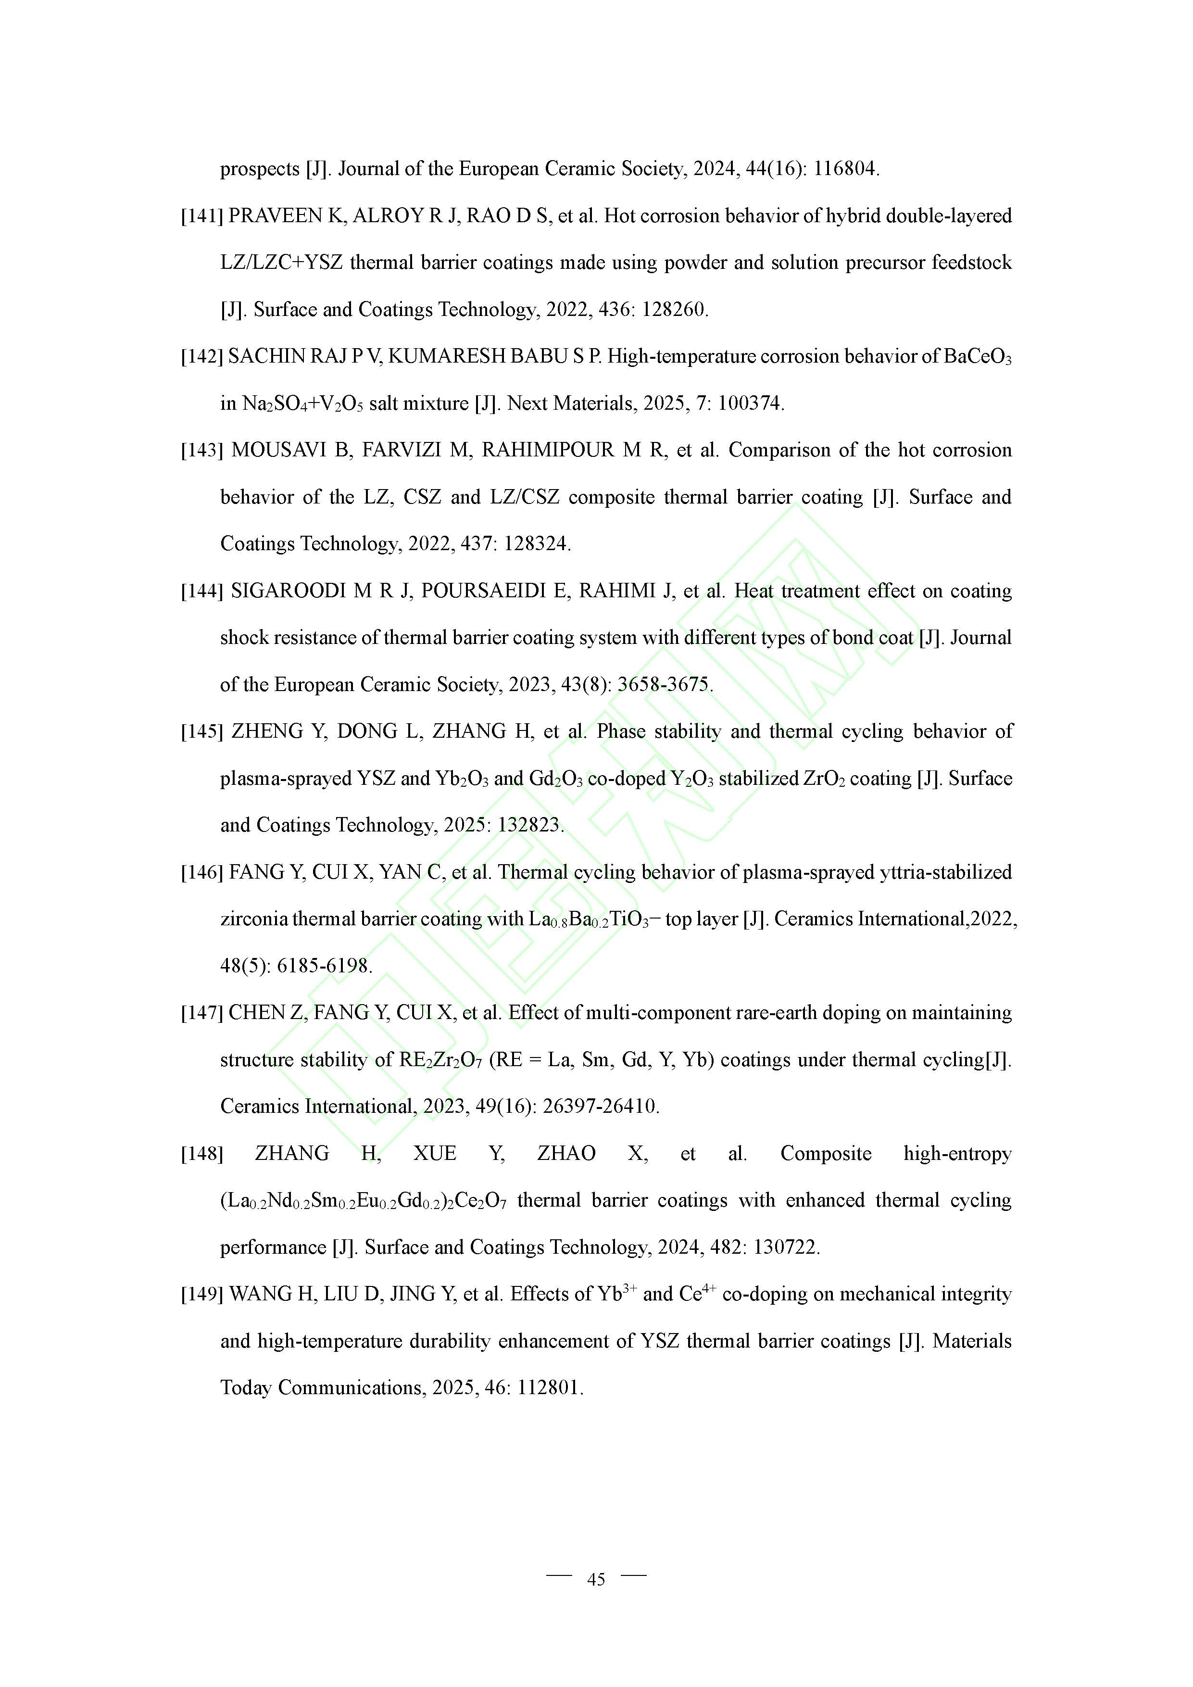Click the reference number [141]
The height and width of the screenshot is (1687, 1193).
click(x=202, y=216)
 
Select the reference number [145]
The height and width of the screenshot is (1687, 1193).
click(x=202, y=732)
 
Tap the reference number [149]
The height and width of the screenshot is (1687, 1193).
click(x=202, y=1294)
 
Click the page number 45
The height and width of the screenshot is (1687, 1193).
click(x=596, y=1579)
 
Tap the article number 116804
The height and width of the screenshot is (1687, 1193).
click(x=845, y=169)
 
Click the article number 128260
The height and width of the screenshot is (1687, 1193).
click(x=674, y=309)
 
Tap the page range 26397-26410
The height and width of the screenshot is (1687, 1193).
click(x=600, y=1107)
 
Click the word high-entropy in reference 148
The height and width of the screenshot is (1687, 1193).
click(x=957, y=1154)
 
